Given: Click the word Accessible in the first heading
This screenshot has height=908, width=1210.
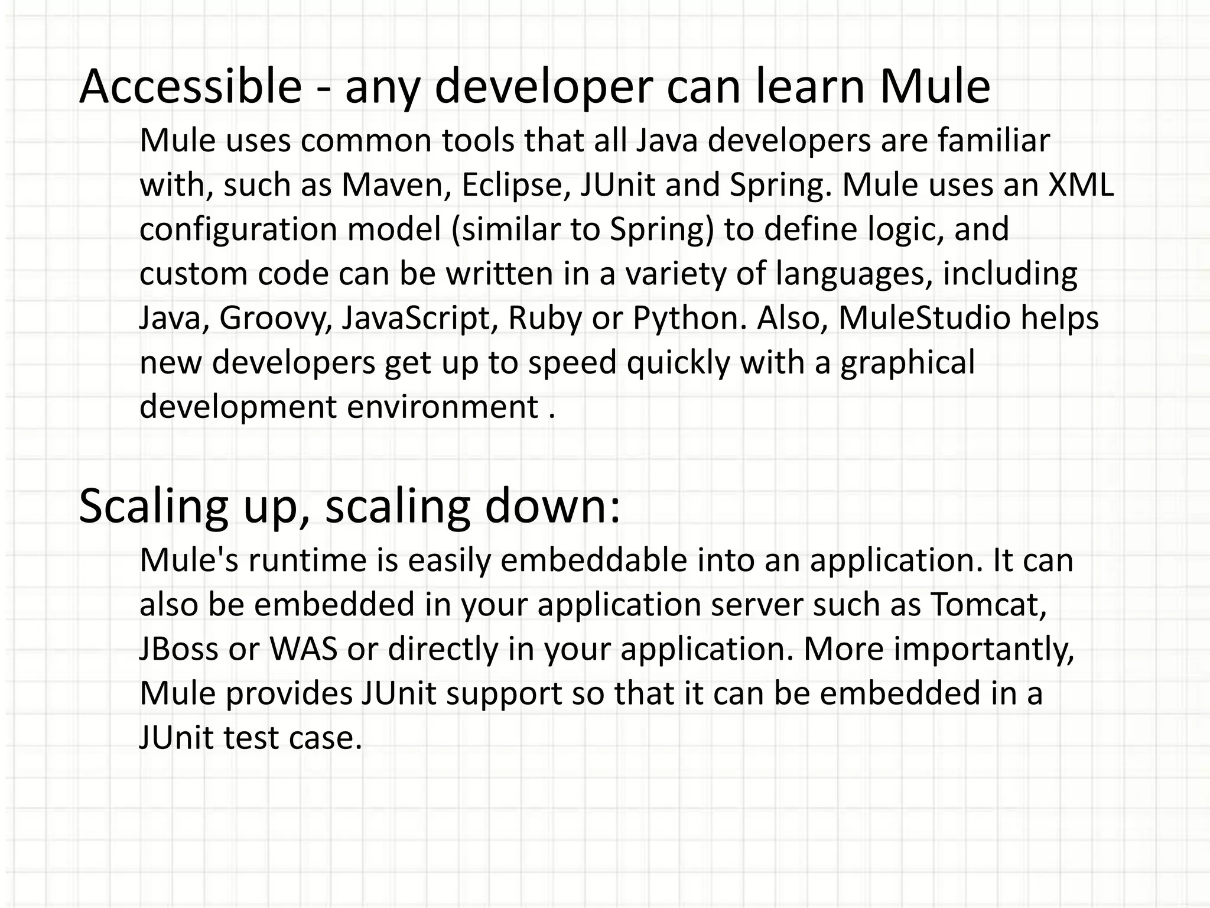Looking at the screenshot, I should (x=190, y=86).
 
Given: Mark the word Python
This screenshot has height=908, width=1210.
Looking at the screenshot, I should (x=689, y=319).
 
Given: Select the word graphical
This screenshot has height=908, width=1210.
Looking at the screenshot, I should (x=907, y=363).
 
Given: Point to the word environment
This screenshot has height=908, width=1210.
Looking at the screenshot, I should (x=442, y=407).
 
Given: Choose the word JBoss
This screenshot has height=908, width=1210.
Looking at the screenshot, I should (x=179, y=649).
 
